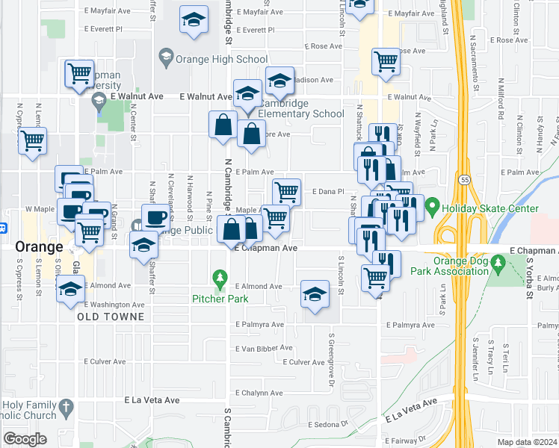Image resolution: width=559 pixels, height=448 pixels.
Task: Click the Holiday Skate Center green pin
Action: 431,204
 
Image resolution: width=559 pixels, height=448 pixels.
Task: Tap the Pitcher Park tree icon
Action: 220,281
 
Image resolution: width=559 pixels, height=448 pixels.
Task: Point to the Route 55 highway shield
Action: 464,181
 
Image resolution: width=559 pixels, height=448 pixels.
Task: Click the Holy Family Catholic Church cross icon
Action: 67,408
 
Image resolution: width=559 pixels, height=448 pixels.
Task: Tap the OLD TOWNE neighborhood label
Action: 110,317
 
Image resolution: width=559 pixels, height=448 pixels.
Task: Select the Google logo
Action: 25,438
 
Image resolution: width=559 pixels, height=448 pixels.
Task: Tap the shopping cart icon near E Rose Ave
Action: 385,63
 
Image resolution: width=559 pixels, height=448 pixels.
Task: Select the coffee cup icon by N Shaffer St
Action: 155,217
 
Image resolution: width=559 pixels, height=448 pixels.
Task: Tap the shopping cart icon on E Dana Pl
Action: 286,191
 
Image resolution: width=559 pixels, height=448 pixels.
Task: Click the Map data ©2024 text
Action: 526,442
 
